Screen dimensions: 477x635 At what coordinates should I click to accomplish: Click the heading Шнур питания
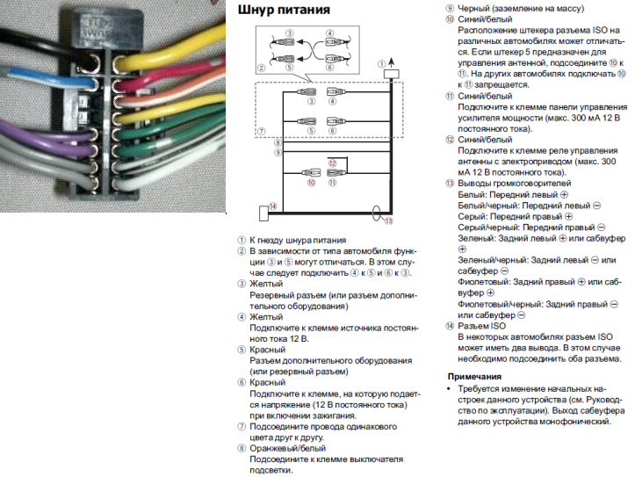[x=284, y=11]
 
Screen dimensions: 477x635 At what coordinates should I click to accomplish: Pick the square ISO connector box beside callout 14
[x=263, y=212]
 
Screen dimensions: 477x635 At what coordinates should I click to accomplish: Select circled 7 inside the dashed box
[x=261, y=132]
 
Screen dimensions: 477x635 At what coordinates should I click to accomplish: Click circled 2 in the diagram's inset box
[x=261, y=68]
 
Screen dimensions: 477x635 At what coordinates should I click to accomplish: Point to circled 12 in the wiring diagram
[x=333, y=163]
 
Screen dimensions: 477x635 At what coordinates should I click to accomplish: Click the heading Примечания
[x=474, y=376]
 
